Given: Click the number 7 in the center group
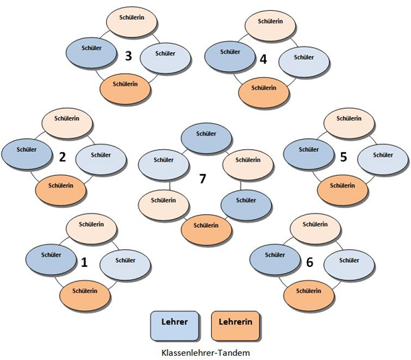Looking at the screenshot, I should [202, 179].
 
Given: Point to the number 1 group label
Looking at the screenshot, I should [84, 261].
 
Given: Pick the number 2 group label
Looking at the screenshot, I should [62, 157].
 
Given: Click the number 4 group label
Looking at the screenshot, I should [264, 59].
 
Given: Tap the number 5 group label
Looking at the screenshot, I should [344, 157].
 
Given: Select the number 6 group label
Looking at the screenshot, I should [311, 261].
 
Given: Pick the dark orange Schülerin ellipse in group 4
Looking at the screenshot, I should [263, 88].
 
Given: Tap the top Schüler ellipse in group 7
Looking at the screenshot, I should [203, 136].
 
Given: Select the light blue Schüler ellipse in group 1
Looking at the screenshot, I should [125, 261].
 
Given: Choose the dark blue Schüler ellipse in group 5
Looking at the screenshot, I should [308, 149].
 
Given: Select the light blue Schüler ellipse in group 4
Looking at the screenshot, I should [303, 57].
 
